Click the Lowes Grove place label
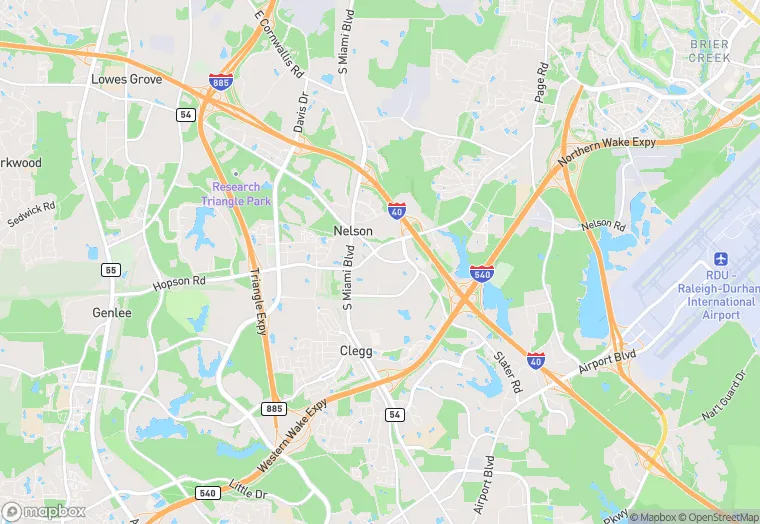coord(127,78)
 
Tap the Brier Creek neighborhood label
coord(709,51)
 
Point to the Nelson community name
coord(353,231)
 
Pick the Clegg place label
coord(356,351)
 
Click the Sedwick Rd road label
coord(31,212)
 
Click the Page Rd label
coord(542,83)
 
